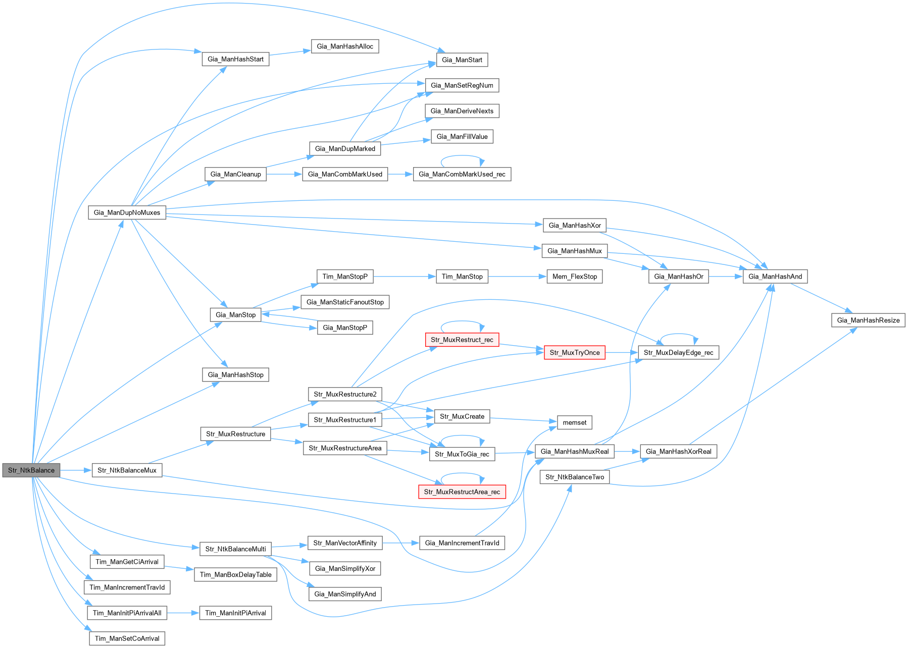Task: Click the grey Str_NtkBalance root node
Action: coord(31,470)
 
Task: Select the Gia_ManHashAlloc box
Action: coord(345,46)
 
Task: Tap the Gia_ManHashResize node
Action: coord(868,320)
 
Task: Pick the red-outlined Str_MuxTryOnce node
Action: coord(574,352)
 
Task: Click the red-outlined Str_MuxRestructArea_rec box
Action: coord(462,492)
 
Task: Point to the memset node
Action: coord(574,422)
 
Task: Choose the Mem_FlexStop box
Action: coord(574,277)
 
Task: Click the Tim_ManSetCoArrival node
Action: coord(127,638)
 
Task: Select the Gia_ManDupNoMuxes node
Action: coord(127,212)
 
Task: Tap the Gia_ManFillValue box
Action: coord(462,136)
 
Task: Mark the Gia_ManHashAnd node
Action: coord(775,277)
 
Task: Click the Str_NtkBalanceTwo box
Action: coord(574,477)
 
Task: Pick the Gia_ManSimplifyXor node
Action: coord(345,568)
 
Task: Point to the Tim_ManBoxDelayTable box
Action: coord(235,575)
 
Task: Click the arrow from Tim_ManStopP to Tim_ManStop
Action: coord(404,277)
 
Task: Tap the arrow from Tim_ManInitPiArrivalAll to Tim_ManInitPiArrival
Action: coord(183,613)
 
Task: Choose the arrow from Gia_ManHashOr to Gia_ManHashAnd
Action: coord(725,277)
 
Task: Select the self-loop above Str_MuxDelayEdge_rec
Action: coord(678,335)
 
